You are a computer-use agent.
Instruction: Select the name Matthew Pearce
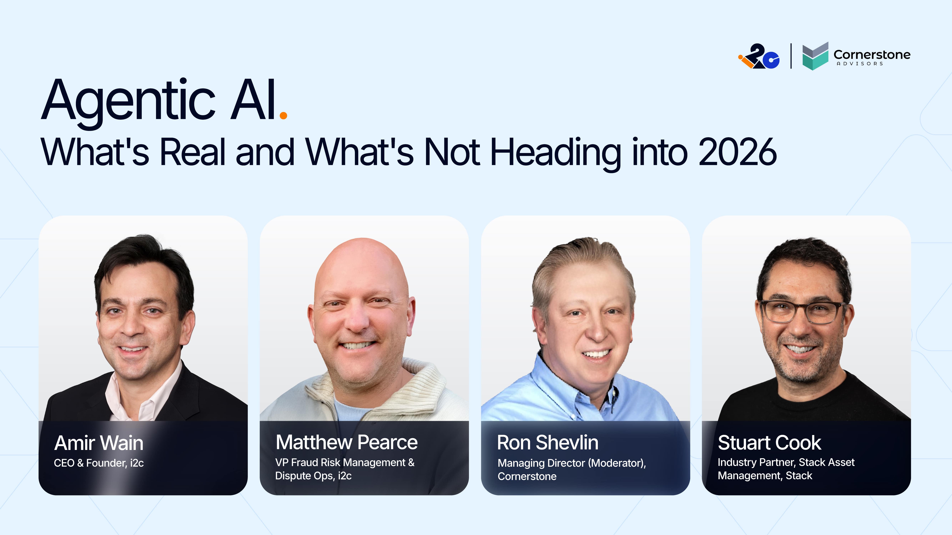346,442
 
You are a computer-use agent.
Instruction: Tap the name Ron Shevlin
547,442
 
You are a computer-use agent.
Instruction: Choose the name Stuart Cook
769,442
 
